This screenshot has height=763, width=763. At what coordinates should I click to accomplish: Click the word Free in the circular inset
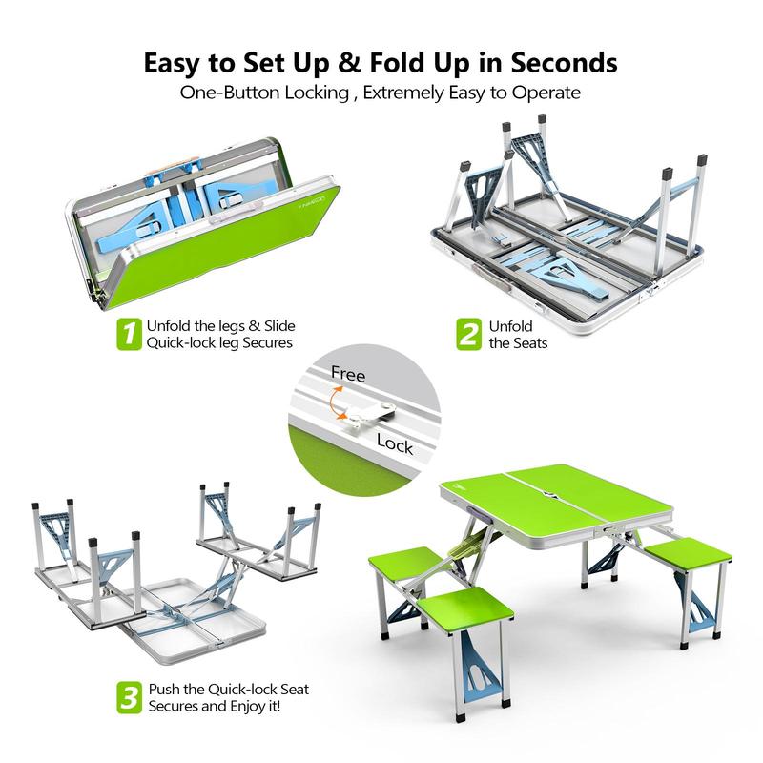(348, 375)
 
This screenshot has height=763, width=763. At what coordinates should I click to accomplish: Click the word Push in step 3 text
(164, 689)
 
